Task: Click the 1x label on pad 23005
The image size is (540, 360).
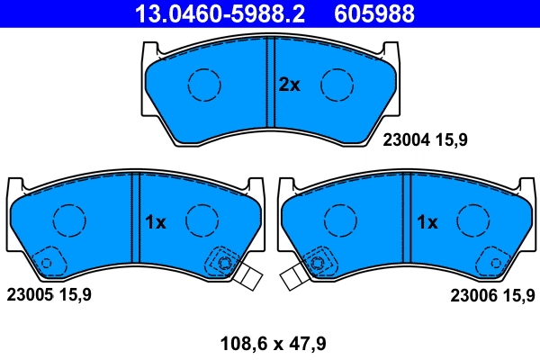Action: [156, 222]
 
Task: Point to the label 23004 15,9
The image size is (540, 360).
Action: [427, 139]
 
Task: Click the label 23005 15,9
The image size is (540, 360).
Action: [49, 294]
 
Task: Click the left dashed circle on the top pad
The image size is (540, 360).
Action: [204, 85]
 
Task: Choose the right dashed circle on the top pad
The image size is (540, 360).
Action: [337, 85]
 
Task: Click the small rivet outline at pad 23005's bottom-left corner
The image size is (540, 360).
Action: [45, 263]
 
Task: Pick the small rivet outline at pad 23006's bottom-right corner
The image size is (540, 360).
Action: [494, 263]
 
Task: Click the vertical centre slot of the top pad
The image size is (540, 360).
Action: [270, 83]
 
